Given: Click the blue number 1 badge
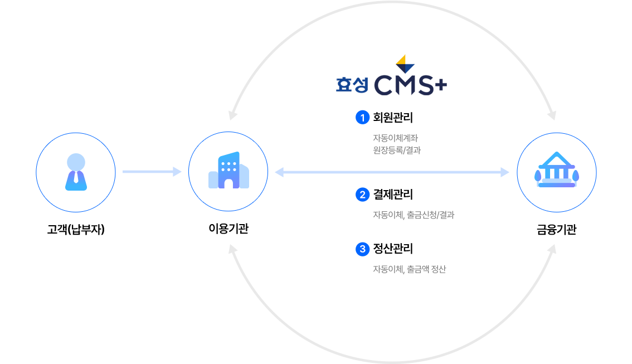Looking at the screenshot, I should [x=362, y=118].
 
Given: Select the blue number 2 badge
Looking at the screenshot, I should [x=362, y=195].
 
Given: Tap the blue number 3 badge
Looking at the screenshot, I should [x=362, y=249].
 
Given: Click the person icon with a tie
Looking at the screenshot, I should [x=76, y=172].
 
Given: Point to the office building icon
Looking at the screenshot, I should [x=228, y=171].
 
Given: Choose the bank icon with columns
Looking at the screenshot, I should [x=556, y=171].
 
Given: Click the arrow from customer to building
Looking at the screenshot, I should [x=151, y=172].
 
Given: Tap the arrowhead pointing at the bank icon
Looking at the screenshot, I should [x=505, y=172].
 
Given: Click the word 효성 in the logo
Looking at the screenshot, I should [x=352, y=85].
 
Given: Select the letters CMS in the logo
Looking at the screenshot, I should [x=403, y=85].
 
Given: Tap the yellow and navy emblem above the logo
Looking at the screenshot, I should [x=405, y=63].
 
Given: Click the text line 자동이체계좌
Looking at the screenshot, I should [x=395, y=138].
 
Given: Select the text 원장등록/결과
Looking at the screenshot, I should [x=396, y=149].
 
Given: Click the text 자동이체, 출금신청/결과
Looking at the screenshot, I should [x=412, y=215].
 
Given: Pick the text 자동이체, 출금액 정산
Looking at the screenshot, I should [x=409, y=269].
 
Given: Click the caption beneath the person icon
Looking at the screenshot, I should [x=76, y=229].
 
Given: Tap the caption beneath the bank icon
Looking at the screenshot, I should [x=556, y=229].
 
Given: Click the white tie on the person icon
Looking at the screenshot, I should [x=76, y=179].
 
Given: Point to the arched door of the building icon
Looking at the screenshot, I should [x=229, y=184].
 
